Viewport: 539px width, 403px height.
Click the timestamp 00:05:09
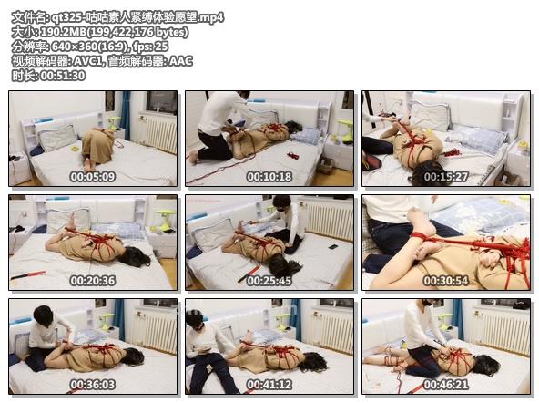coord(93,176)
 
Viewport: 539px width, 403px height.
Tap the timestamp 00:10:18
coord(269,176)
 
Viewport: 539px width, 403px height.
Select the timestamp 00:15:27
coord(445,176)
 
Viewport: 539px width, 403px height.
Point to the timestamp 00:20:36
coord(93,280)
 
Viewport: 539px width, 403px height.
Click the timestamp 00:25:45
coord(269,280)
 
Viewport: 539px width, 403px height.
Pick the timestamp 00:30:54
coord(445,280)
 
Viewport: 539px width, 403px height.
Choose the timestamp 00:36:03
coord(93,385)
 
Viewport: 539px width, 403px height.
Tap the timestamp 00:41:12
coord(269,385)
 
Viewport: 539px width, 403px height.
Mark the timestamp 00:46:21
coord(445,385)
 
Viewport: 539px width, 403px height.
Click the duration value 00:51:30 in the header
coord(61,76)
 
